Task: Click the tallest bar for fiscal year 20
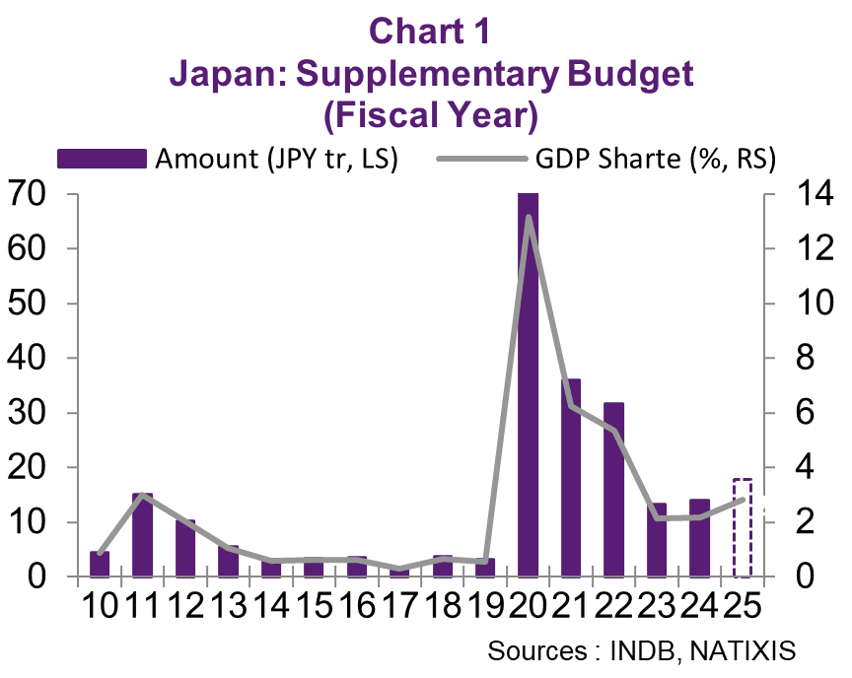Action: tap(529, 384)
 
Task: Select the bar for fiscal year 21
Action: tap(571, 477)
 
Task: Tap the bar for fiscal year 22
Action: tap(613, 489)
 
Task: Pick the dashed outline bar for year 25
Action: tap(743, 528)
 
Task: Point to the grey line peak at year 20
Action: tap(530, 218)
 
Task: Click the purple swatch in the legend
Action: tap(103, 159)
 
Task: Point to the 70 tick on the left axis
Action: tap(29, 194)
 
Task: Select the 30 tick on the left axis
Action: tap(29, 413)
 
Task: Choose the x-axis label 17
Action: tap(398, 604)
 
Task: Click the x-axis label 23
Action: tap(656, 604)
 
